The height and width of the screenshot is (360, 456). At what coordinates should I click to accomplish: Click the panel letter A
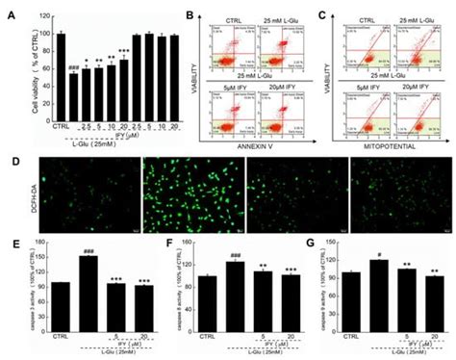(8, 9)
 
